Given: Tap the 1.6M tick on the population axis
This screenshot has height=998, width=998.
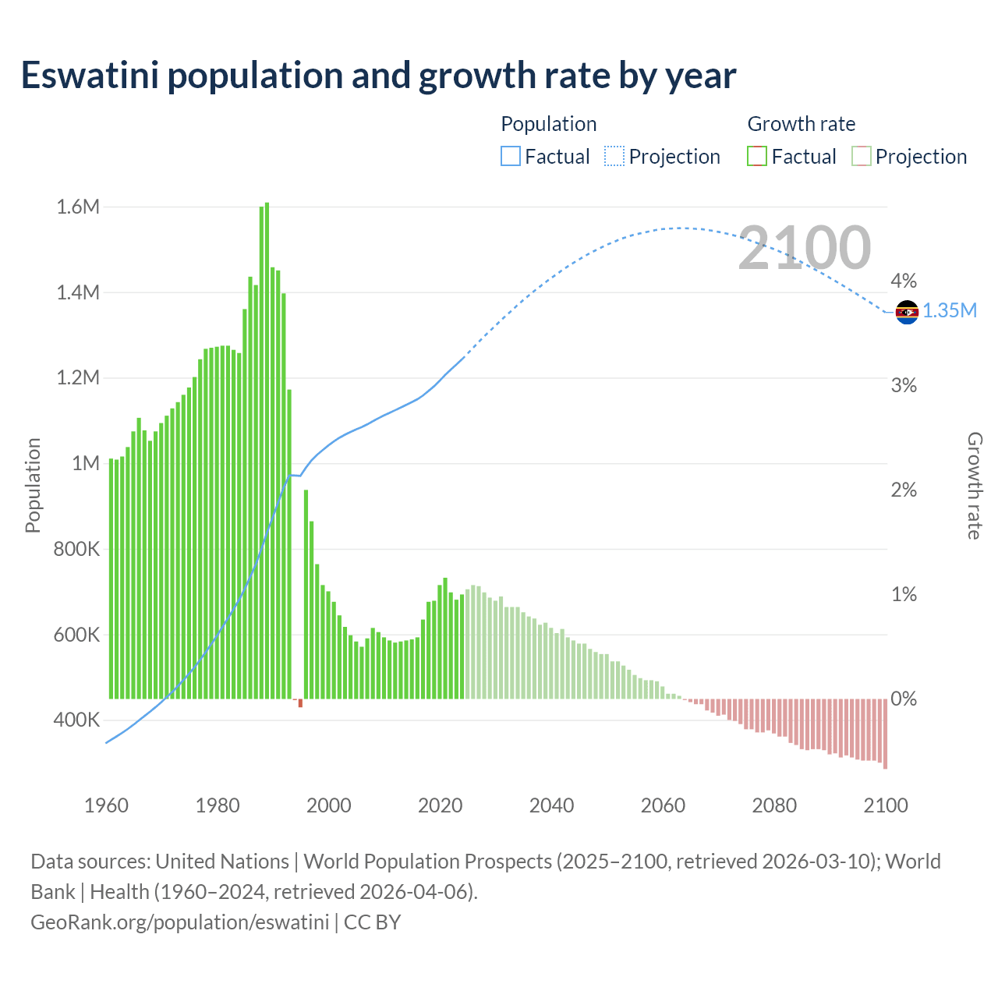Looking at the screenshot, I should [x=78, y=207].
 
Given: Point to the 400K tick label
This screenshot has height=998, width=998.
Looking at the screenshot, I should [x=76, y=720].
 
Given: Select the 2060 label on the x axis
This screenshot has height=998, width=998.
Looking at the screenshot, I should [x=663, y=805].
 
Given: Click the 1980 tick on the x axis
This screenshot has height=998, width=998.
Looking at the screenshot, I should [x=218, y=805].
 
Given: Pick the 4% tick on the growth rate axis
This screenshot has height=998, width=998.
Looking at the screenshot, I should [x=904, y=281].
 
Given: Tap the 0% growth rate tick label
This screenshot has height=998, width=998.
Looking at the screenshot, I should [x=904, y=699].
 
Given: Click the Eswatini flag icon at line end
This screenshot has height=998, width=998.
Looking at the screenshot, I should [x=907, y=312].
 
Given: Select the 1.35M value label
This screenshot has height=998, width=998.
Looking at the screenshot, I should [x=950, y=311].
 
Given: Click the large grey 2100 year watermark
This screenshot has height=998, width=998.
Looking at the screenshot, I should [x=804, y=248].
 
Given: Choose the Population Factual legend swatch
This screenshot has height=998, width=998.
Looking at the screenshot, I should [x=511, y=157].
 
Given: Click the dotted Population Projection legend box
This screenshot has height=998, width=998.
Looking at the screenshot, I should [x=614, y=157].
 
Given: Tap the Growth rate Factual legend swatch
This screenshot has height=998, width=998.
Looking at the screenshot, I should [x=757, y=157].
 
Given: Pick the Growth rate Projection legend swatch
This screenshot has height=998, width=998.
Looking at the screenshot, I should [x=862, y=157].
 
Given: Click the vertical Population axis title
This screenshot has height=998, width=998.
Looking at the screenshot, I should [x=33, y=485].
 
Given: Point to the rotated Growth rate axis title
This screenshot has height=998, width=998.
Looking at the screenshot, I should [x=974, y=485].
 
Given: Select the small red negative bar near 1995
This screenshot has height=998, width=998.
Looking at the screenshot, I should [x=300, y=703].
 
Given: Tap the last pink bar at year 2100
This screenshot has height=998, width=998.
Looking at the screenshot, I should [x=885, y=734].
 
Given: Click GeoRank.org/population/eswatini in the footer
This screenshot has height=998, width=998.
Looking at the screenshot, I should [x=180, y=922].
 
